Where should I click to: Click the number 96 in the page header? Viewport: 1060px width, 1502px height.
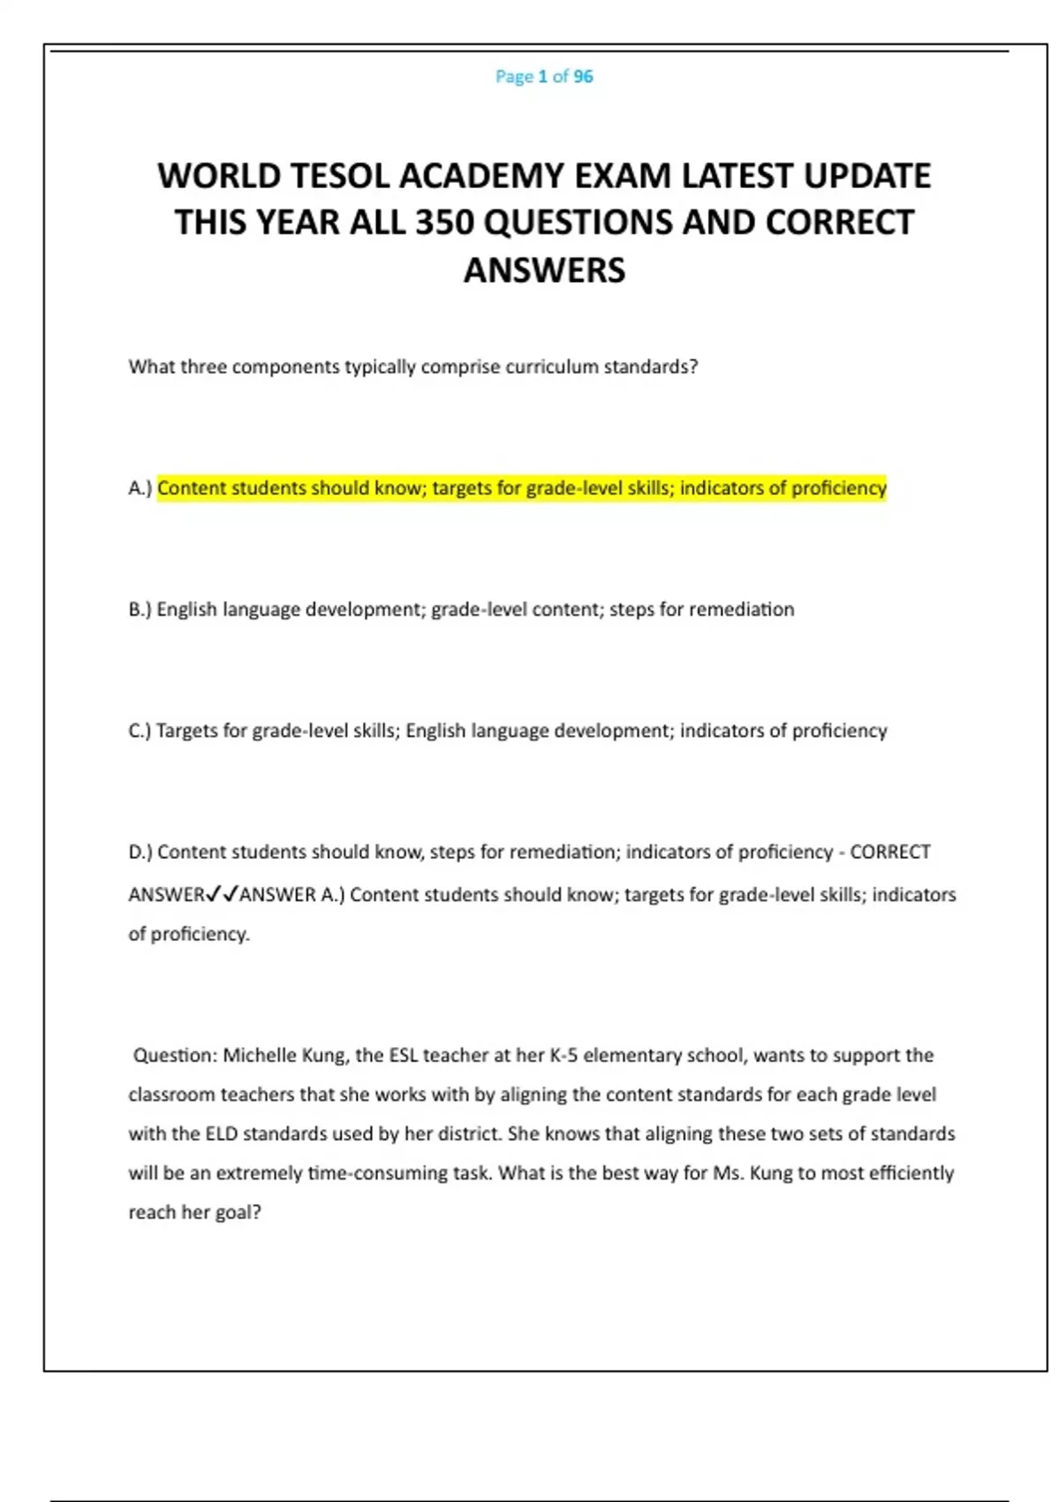pos(583,77)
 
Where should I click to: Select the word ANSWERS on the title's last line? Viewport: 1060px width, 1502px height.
pos(544,270)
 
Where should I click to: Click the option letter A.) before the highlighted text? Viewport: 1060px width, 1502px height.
pos(140,488)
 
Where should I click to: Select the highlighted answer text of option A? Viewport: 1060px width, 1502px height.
pos(521,488)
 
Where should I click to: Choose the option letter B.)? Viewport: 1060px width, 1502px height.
pos(140,610)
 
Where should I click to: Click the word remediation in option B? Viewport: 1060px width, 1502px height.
pos(741,610)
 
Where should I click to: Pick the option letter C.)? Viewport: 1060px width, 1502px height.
pos(140,731)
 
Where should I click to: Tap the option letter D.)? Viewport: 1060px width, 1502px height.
pos(140,853)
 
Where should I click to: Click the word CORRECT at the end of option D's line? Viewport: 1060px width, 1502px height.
pos(890,853)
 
